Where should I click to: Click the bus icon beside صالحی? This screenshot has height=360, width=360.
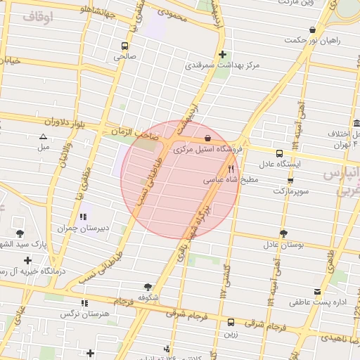click(x=124, y=46)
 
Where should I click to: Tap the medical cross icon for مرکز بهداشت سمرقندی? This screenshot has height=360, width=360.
click(x=222, y=54)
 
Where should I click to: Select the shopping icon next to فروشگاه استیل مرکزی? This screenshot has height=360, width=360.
click(x=207, y=139)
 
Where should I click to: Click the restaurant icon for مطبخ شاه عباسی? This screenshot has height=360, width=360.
click(x=231, y=169)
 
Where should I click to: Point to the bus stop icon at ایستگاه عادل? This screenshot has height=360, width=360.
click(x=280, y=153)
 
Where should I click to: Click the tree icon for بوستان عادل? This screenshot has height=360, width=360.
click(x=283, y=233)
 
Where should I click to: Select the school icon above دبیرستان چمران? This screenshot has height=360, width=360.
click(x=83, y=217)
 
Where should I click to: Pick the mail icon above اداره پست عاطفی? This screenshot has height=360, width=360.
click(x=316, y=291)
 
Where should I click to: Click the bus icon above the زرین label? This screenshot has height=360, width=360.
click(x=231, y=321)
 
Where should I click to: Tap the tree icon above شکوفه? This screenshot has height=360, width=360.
click(x=148, y=287)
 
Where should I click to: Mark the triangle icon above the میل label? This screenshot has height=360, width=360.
click(x=43, y=137)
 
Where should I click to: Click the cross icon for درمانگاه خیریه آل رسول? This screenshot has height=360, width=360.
click(x=27, y=260)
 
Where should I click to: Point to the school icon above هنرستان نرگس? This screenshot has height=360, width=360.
click(x=85, y=303)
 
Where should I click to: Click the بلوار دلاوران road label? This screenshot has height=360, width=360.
click(x=63, y=122)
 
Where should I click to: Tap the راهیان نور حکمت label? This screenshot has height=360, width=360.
click(x=312, y=40)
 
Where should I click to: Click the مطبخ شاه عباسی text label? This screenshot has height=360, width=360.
click(x=231, y=180)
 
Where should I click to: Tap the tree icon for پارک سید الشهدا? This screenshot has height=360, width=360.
click(x=19, y=234)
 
